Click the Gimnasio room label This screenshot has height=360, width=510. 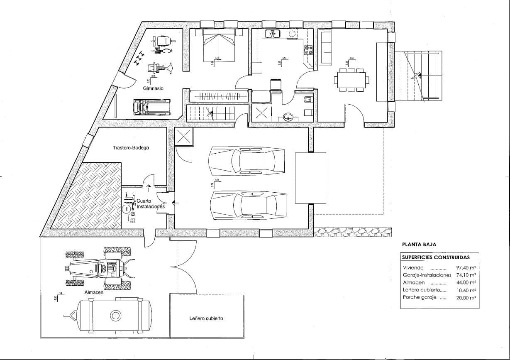[x=153, y=88]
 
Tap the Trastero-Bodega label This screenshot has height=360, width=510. [x=131, y=147]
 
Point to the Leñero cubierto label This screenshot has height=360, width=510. [x=206, y=318]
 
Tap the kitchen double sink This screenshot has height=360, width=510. [x=273, y=34]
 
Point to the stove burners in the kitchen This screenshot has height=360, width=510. [x=309, y=50]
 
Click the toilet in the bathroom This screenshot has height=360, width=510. [x=307, y=99]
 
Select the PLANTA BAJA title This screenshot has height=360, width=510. [x=420, y=245]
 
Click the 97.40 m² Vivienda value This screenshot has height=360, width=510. [x=466, y=268]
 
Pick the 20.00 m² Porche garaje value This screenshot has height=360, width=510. [x=466, y=298]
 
